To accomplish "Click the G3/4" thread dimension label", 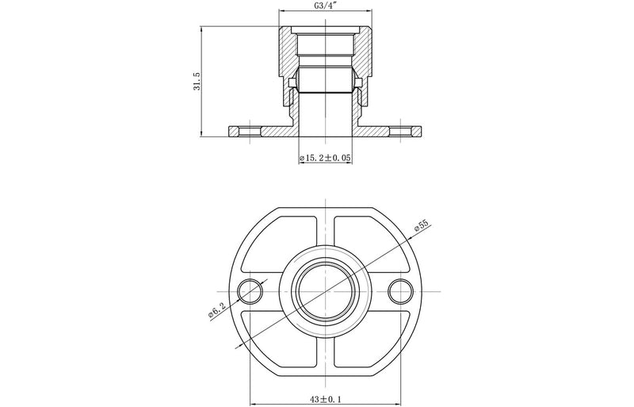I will pyautogui.click(x=324, y=6).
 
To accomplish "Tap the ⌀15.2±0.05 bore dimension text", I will pyautogui.click(x=325, y=159).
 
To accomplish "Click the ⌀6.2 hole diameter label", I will pyautogui.click(x=216, y=310).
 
